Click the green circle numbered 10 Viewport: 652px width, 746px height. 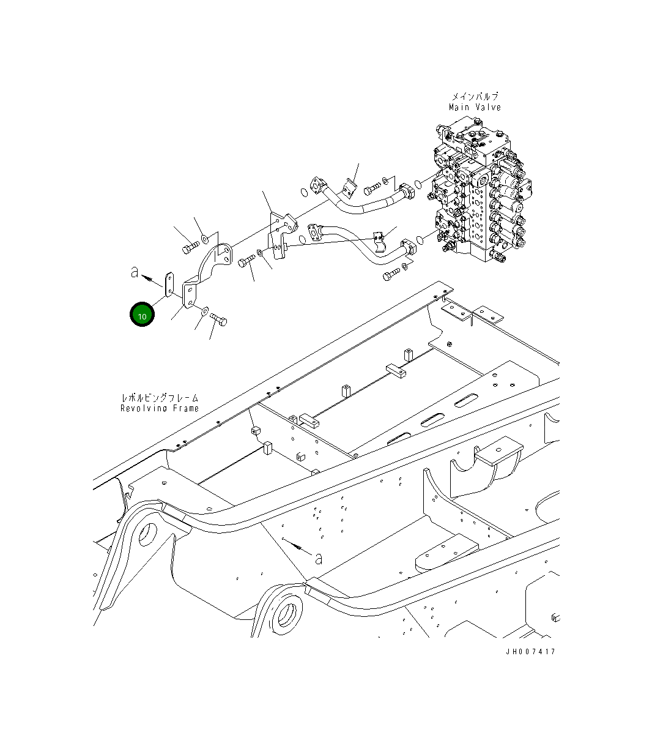click(x=142, y=315)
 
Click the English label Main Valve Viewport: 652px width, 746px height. click(x=475, y=108)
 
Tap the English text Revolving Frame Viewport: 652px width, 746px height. click(x=160, y=408)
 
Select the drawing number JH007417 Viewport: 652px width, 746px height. click(x=530, y=652)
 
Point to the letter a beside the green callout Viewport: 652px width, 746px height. click(x=135, y=272)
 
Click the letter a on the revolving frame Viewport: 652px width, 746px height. click(x=318, y=558)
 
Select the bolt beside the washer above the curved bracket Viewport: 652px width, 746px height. click(x=189, y=247)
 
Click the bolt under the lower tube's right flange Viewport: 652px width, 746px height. click(x=390, y=276)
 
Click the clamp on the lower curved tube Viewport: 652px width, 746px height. click(x=380, y=241)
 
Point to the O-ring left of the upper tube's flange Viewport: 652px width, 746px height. click(x=304, y=194)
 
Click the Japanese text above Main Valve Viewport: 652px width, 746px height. click(x=475, y=97)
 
